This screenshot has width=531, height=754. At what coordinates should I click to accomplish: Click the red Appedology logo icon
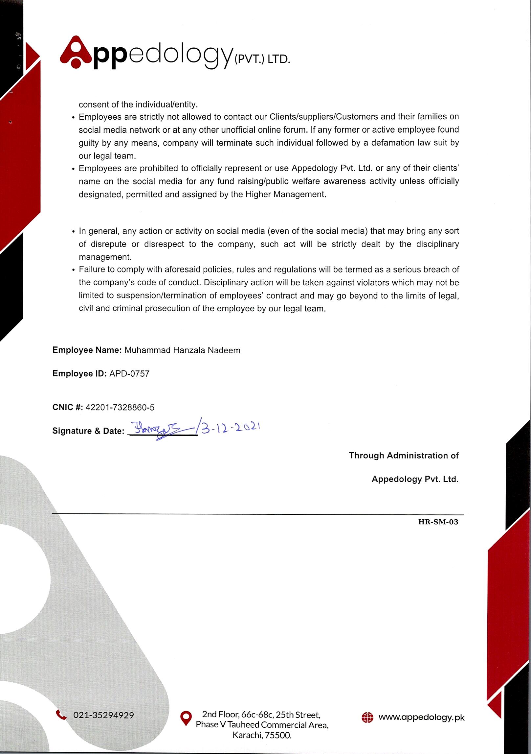tap(76, 52)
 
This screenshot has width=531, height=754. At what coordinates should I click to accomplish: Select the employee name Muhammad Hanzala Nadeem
tap(182, 350)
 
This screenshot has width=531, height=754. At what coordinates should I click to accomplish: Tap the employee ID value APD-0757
tap(129, 374)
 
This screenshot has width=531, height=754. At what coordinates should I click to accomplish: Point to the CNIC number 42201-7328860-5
tap(120, 408)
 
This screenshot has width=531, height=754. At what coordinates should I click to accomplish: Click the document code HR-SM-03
tap(438, 522)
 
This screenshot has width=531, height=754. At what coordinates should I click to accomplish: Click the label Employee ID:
tap(79, 374)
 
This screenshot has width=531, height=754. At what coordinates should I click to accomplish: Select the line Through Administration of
tap(404, 456)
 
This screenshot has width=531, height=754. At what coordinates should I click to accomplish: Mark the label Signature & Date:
tap(88, 431)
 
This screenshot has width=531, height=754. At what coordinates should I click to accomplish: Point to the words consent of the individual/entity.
tap(138, 105)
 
